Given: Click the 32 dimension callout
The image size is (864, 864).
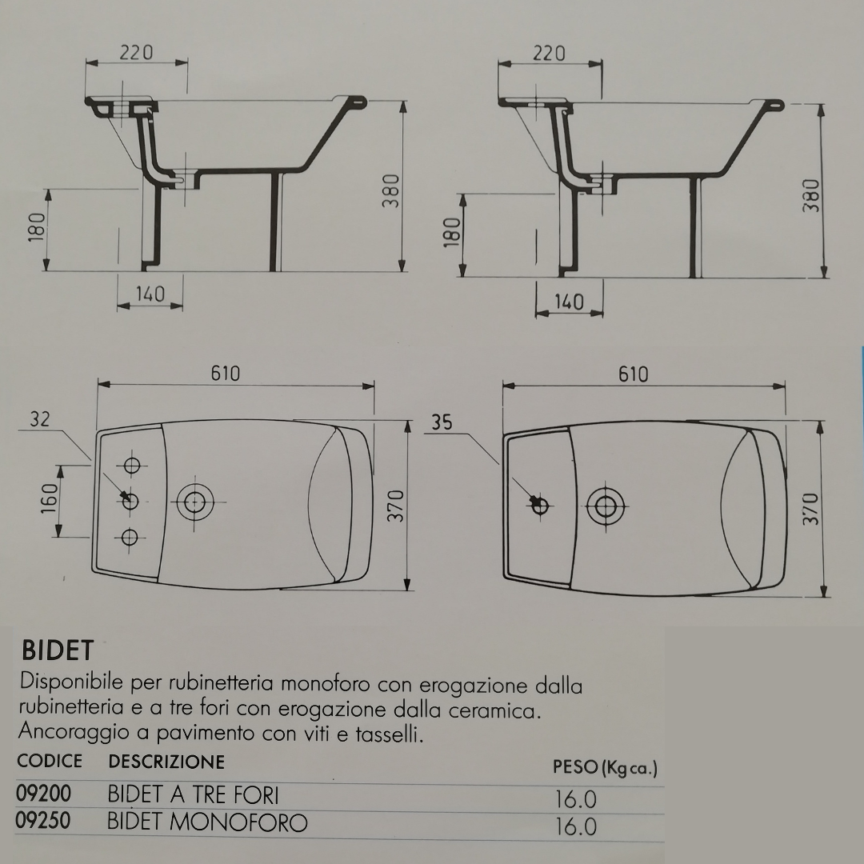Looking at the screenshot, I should click(41, 419).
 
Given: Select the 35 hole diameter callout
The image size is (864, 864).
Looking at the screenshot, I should click(442, 422).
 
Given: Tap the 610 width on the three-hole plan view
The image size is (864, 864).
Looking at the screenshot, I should click(226, 374).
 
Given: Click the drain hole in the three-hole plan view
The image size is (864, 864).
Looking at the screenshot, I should click(193, 502).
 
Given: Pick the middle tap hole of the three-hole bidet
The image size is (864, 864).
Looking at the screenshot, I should click(130, 502).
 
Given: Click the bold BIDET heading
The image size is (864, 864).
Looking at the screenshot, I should click(58, 649).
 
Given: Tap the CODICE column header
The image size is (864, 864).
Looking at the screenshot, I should click(50, 761).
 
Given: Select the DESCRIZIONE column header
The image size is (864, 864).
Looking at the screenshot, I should click(166, 761).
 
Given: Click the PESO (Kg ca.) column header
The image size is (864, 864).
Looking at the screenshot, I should click(605, 768).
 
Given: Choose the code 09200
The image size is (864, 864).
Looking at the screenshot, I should click(44, 794).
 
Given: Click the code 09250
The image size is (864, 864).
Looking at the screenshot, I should click(44, 822).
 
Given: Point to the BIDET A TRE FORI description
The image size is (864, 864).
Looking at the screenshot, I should click(193, 794).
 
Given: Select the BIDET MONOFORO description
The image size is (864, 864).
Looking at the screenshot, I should click(206, 822).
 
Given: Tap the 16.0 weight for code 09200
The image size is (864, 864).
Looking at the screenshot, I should click(576, 799).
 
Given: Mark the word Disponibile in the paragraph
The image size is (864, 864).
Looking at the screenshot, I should click(71, 684).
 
